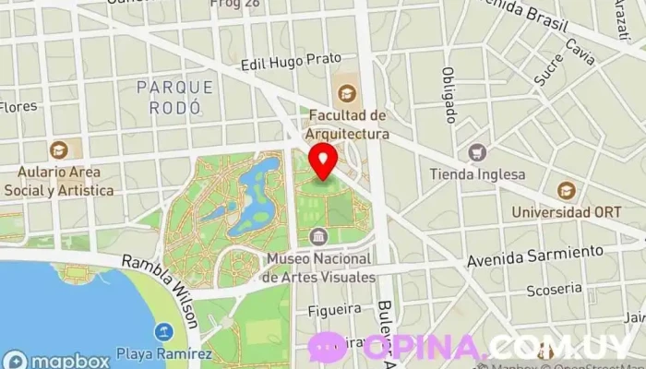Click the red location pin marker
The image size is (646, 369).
(x=322, y=160)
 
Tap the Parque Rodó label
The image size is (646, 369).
(x=173, y=97)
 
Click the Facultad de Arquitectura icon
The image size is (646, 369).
(x=347, y=92)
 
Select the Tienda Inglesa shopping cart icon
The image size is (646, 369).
(x=477, y=152)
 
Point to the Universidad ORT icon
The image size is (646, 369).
(x=567, y=191)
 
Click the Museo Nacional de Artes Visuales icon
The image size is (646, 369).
(x=318, y=237)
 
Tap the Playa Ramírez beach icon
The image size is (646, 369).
(x=165, y=331)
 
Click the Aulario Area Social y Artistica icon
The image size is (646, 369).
(x=59, y=149)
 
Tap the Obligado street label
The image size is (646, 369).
(x=449, y=95)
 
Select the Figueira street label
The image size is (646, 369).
(x=329, y=308)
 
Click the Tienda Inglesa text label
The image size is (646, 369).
(x=477, y=174)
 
